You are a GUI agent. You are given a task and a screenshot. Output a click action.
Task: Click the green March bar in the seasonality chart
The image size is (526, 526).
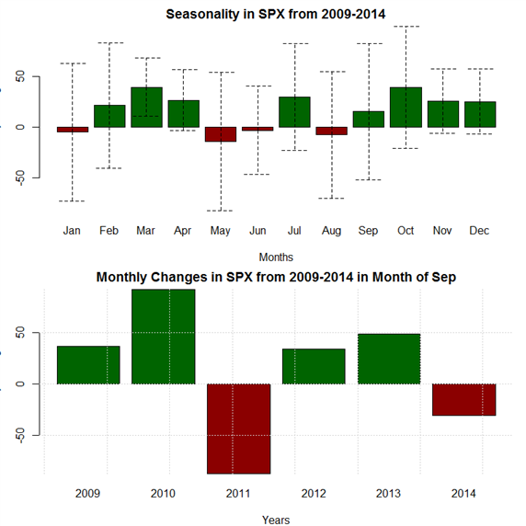[146, 108]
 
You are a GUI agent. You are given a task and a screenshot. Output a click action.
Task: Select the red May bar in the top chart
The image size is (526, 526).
[221, 134]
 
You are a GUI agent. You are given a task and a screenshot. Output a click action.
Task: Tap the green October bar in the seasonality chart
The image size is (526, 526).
[406, 108]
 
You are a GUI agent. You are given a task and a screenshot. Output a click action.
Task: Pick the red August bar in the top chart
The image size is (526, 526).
[332, 131]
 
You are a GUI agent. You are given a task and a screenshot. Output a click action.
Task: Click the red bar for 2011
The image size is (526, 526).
[239, 429]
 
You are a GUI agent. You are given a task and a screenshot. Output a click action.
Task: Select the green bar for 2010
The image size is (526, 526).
[164, 337]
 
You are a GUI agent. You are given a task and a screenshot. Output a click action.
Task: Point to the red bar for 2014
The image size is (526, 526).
[464, 399]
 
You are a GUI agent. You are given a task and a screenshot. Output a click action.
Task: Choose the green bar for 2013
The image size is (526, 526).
[389, 359]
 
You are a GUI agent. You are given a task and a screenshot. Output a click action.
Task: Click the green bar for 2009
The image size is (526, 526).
[88, 365]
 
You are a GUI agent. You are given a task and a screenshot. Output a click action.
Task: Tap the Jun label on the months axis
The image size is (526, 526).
[257, 231]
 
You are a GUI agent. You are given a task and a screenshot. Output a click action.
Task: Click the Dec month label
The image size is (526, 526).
[479, 231]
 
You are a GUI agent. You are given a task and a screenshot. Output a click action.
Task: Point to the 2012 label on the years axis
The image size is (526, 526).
[314, 494]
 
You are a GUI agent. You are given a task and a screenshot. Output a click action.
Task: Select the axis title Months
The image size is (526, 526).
[276, 257]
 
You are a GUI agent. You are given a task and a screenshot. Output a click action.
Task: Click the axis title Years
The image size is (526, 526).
[276, 520]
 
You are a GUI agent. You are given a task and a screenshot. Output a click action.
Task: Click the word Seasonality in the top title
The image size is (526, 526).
[202, 15]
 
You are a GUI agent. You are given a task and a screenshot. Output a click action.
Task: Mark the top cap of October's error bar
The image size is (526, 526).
[406, 26]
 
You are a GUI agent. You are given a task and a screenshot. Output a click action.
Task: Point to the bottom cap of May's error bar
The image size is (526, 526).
[220, 211]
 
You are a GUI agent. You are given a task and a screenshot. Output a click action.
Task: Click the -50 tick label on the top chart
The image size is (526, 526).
[20, 177]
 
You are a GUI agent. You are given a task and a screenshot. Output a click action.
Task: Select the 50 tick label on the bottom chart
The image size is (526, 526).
[20, 333]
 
